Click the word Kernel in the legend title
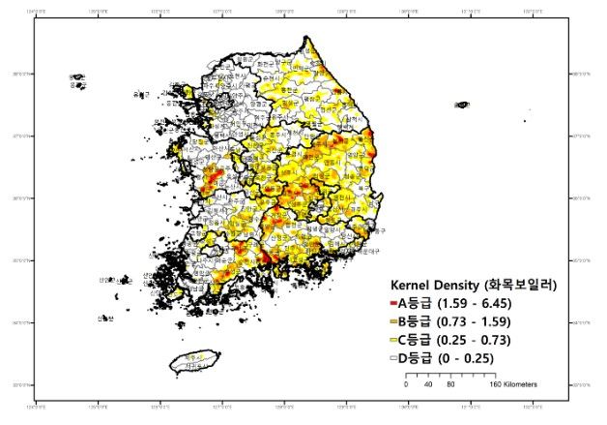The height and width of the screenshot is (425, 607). [410, 287]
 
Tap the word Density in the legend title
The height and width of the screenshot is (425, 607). [460, 287]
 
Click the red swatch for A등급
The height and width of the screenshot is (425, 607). [393, 304]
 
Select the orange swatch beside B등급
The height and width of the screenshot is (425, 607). [393, 322]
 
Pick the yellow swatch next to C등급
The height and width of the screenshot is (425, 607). [393, 341]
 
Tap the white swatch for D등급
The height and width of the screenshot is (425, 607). [393, 359]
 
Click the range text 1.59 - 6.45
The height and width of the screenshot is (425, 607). [481, 304]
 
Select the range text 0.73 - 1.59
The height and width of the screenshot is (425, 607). [481, 322]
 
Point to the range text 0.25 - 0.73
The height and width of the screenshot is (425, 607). [481, 341]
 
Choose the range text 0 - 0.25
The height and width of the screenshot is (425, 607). [471, 359]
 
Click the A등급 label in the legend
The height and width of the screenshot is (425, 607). [416, 304]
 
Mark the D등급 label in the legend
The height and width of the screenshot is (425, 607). [416, 359]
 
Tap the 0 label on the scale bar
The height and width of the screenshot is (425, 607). [406, 384]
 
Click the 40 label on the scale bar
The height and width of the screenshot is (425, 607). [428, 384]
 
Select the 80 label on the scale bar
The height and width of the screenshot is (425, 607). [450, 384]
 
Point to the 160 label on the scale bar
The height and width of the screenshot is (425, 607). [495, 384]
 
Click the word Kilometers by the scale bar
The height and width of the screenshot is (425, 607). [521, 384]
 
